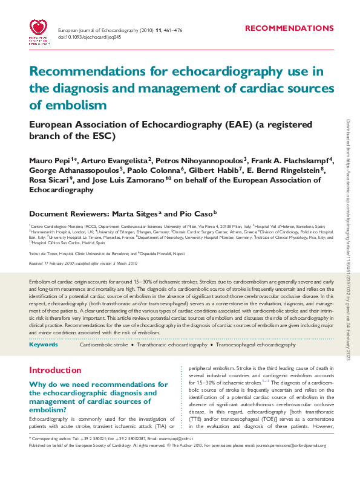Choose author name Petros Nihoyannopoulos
coord(199,161)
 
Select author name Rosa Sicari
coord(49,180)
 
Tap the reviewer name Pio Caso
coord(193,213)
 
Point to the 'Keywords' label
coord(44,345)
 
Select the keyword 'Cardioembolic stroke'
coord(104,345)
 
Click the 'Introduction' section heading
coord(55,370)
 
